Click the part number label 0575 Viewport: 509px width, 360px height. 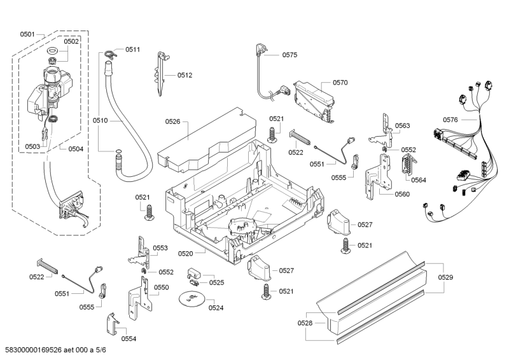(289, 55)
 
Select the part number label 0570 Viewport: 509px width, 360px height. (340, 82)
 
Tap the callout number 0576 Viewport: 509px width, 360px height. (450, 120)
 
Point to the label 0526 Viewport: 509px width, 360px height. (172, 121)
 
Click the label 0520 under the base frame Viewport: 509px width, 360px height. (185, 254)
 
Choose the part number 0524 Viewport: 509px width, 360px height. (216, 308)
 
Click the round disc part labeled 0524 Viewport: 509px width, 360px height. (190, 299)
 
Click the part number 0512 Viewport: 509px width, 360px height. (185, 75)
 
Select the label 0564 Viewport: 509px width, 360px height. (419, 180)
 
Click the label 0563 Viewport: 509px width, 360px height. (402, 126)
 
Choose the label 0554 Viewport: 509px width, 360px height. (129, 338)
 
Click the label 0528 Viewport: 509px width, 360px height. (306, 323)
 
